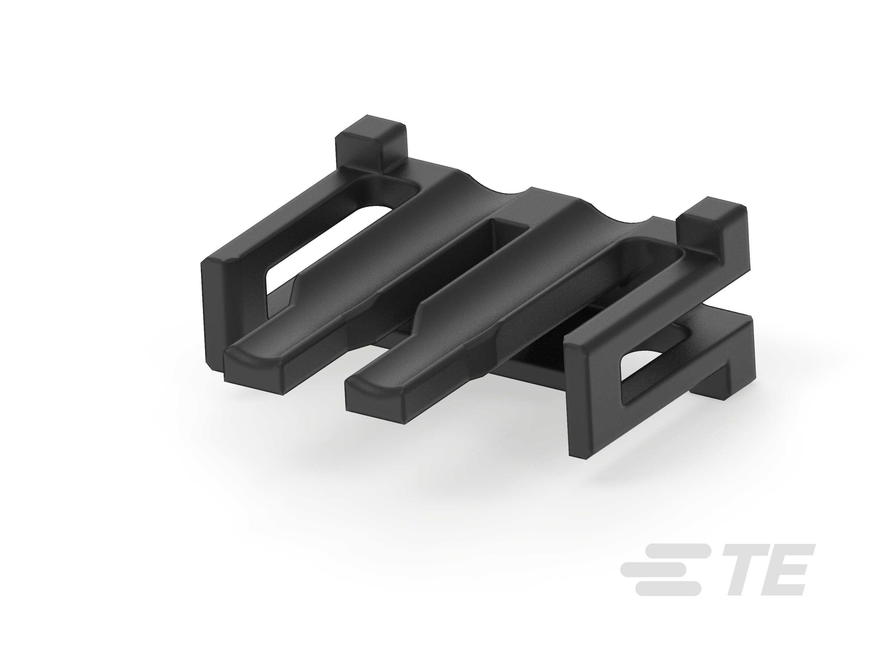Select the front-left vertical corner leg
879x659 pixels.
point(217,314)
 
